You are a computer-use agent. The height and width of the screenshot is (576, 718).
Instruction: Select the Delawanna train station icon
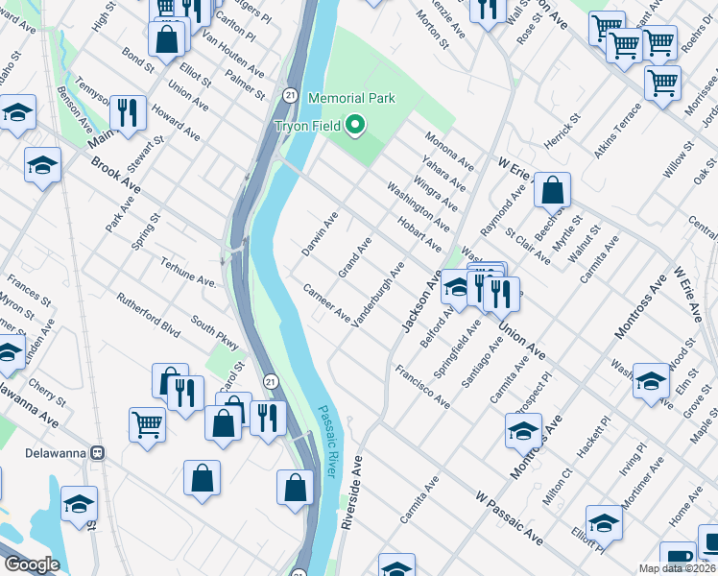[97, 453]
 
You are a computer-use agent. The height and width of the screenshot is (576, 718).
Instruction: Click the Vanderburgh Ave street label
[378, 295]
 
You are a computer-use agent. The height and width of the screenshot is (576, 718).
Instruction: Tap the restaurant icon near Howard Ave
[127, 112]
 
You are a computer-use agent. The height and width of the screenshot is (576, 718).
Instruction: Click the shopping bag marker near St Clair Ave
[552, 190]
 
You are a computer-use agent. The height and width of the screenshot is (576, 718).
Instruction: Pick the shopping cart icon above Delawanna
[147, 422]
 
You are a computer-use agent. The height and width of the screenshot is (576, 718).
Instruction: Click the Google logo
[32, 564]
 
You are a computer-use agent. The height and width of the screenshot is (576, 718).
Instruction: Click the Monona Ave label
[450, 150]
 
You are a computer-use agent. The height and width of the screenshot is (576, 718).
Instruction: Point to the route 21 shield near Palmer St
[289, 94]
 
